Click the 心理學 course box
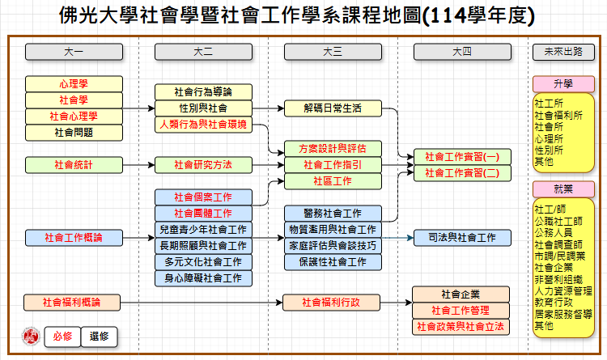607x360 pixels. (x=73, y=83)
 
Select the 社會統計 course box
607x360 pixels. (x=73, y=164)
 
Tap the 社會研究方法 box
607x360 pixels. (x=203, y=164)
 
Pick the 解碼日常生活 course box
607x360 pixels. (x=332, y=108)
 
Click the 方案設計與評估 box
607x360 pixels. (x=332, y=148)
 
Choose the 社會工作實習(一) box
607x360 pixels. (x=462, y=156)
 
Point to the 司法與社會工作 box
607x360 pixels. (x=462, y=237)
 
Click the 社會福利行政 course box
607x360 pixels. (x=332, y=303)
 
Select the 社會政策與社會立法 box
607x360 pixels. (x=462, y=326)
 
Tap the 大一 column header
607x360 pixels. (x=73, y=52)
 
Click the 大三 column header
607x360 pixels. (x=332, y=52)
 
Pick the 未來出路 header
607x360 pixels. (x=563, y=52)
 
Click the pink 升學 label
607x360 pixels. (x=563, y=83)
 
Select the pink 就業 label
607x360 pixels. (x=563, y=188)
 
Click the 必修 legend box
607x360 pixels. (x=62, y=337)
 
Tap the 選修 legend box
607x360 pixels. (x=100, y=337)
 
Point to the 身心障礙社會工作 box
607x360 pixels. (x=203, y=278)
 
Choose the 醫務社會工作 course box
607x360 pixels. (x=332, y=213)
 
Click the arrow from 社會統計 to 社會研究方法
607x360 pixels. (x=138, y=164)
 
